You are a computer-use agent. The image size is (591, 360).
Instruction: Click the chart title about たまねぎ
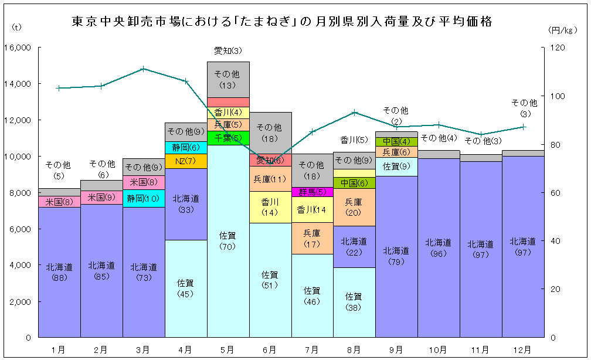(282, 22)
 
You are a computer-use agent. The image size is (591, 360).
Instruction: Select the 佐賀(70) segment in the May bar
(228, 241)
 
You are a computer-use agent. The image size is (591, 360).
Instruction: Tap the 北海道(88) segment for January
(59, 272)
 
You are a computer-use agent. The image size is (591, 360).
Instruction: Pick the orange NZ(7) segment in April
(186, 161)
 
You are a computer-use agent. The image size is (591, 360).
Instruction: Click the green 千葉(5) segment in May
(228, 138)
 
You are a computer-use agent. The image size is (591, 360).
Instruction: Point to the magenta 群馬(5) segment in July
(313, 192)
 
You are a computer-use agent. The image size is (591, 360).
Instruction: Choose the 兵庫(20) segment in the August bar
(354, 208)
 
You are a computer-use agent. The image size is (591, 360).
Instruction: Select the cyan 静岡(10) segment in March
(144, 198)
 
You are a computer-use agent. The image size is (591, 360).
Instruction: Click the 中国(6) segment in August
(354, 183)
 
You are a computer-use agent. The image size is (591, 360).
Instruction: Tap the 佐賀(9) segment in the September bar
(396, 167)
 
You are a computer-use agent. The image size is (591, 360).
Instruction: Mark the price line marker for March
(143, 69)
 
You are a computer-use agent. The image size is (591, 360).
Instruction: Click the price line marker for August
(354, 113)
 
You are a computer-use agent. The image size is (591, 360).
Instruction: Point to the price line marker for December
(523, 127)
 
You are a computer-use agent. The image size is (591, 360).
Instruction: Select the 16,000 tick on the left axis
(18, 47)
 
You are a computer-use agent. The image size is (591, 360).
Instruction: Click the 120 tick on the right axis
(558, 47)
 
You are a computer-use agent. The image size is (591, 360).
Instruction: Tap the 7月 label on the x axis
(312, 350)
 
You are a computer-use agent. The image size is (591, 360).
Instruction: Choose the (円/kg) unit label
(562, 30)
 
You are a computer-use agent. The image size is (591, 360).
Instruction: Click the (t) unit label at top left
(16, 27)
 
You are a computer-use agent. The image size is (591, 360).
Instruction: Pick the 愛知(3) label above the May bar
(228, 50)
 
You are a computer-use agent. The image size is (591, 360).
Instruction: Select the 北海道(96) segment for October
(439, 247)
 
